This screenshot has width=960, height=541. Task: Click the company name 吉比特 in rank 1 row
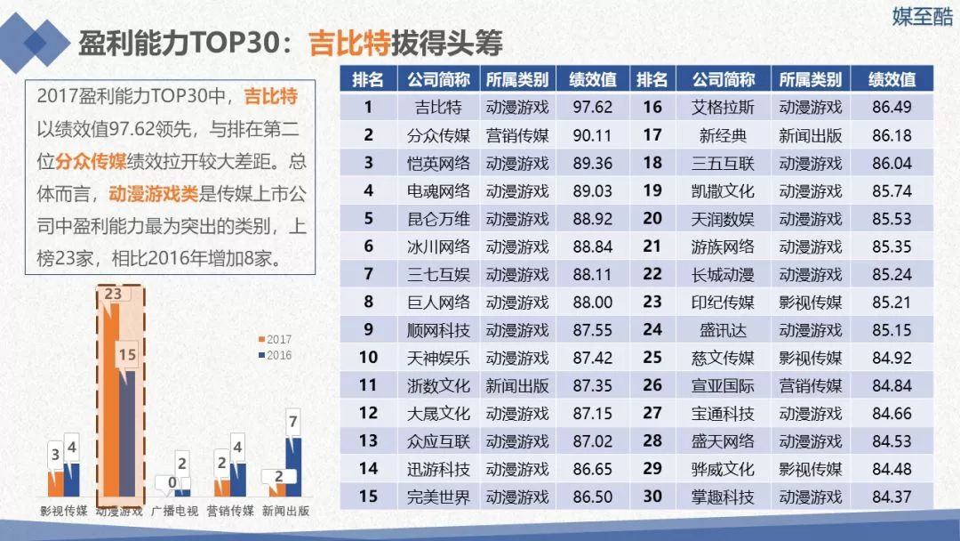pyautogui.click(x=438, y=108)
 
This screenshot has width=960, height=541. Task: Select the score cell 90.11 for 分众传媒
pyautogui.click(x=593, y=135)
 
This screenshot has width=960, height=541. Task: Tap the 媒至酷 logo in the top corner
pyautogui.click(x=922, y=16)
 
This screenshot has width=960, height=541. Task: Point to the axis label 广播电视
pyautogui.click(x=173, y=511)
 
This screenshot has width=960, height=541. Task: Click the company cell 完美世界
pyautogui.click(x=438, y=497)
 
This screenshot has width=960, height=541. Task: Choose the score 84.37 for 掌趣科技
pyautogui.click(x=892, y=497)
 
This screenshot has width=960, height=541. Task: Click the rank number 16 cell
pyautogui.click(x=652, y=108)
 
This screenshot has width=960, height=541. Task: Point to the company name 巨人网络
pyautogui.click(x=438, y=302)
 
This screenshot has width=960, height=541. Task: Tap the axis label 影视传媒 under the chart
pyautogui.click(x=63, y=511)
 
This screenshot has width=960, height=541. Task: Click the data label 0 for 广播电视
pyautogui.click(x=171, y=481)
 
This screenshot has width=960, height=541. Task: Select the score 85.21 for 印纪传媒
pyautogui.click(x=892, y=302)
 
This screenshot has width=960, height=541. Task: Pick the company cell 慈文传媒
pyautogui.click(x=722, y=358)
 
